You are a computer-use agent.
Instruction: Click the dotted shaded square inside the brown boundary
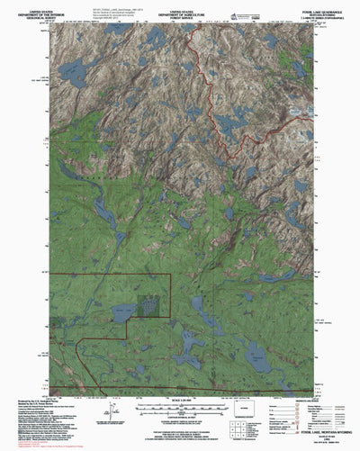point(153,307)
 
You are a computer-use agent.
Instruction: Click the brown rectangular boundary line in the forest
point(108,272)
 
